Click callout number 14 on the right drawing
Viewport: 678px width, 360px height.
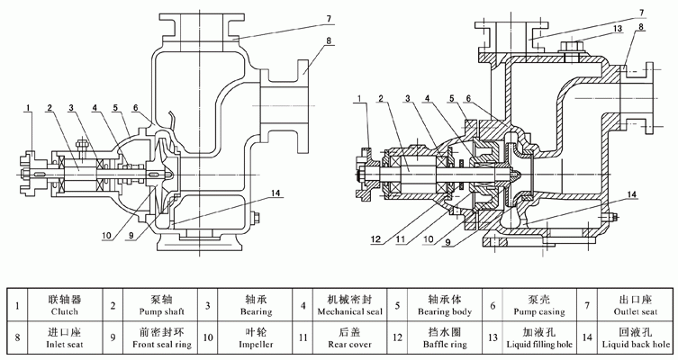point(633,194)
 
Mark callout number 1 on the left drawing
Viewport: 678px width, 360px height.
point(28,109)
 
